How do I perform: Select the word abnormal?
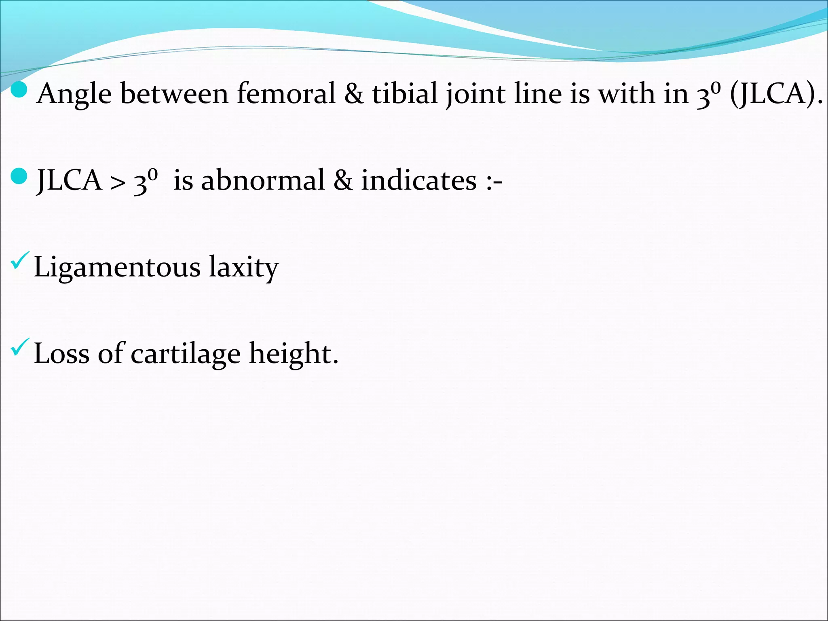click(263, 180)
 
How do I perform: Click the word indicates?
click(419, 180)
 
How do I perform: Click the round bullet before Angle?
click(19, 91)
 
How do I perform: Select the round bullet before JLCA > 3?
click(19, 177)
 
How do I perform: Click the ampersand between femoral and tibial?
click(354, 94)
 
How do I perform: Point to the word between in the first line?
click(174, 94)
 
